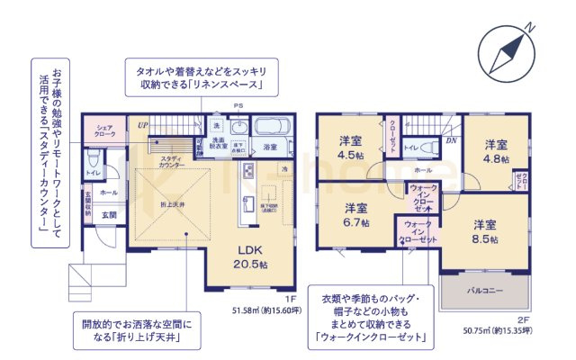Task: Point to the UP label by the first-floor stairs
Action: coord(142,123)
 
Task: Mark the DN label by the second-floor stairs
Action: coord(451,141)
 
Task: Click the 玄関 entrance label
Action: coord(109,214)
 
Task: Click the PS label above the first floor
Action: coord(238,107)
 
